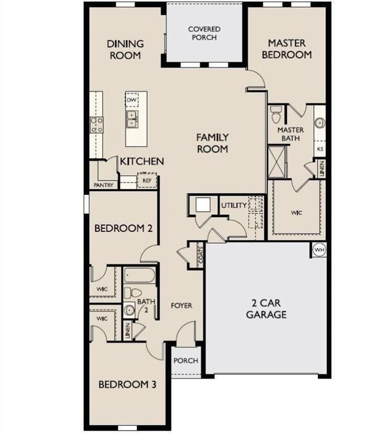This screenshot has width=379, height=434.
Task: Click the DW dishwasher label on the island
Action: (132, 100)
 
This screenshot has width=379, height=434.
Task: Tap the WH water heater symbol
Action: (318, 249)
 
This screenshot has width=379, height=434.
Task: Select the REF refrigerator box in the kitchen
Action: (147, 181)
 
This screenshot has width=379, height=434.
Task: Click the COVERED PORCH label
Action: (204, 33)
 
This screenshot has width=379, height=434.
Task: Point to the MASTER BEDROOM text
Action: (290, 49)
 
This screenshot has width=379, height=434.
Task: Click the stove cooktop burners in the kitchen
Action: (97, 124)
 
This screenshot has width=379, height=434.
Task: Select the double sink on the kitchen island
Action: (132, 119)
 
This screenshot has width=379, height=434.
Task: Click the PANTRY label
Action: (103, 185)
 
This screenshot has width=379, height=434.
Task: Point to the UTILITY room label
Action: (234, 205)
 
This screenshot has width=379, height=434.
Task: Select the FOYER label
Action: (182, 306)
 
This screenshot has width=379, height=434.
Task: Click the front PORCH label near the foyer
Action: (185, 361)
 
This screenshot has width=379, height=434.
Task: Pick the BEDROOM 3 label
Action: (127, 385)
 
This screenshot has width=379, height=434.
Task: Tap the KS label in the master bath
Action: (320, 150)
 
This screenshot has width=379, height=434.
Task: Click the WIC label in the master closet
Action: (297, 213)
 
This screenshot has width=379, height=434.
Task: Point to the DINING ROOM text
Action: (125, 49)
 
